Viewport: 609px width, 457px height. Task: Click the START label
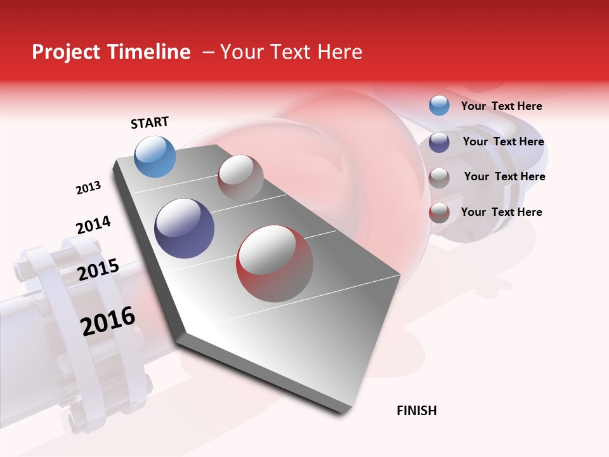pyautogui.click(x=150, y=123)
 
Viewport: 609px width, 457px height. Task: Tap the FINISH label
pyautogui.click(x=417, y=411)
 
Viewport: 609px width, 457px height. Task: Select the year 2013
pyautogui.click(x=88, y=188)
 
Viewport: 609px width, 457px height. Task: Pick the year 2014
pyautogui.click(x=93, y=225)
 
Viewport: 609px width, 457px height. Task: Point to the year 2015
pyautogui.click(x=98, y=270)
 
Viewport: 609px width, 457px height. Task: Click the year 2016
pyautogui.click(x=108, y=321)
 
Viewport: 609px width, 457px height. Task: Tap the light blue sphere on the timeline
pyautogui.click(x=155, y=157)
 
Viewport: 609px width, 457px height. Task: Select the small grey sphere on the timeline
pyautogui.click(x=240, y=178)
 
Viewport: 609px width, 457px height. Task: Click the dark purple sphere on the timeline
pyautogui.click(x=185, y=228)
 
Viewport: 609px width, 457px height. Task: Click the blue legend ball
pyautogui.click(x=439, y=105)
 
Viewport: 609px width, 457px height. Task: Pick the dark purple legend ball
pyautogui.click(x=439, y=142)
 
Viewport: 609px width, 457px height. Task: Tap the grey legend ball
pyautogui.click(x=439, y=178)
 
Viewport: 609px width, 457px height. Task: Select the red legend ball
pyautogui.click(x=439, y=213)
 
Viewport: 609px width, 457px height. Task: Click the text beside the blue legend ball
pyautogui.click(x=501, y=107)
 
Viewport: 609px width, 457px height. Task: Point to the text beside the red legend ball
pyautogui.click(x=501, y=212)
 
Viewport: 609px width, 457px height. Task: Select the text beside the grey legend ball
pyautogui.click(x=504, y=176)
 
